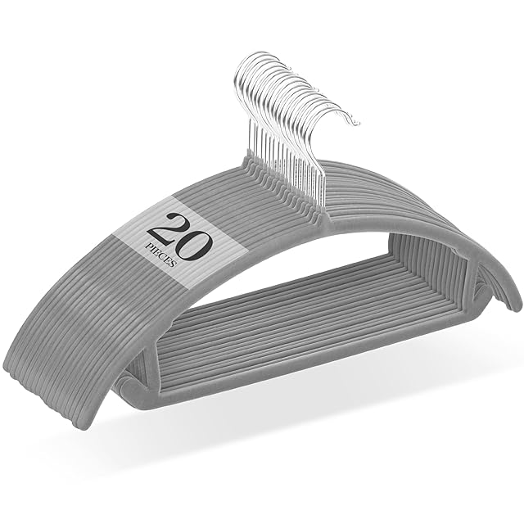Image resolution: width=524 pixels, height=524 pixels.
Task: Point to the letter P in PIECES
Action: click(x=147, y=245)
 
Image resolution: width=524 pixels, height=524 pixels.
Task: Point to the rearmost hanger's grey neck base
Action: click(x=247, y=160)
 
